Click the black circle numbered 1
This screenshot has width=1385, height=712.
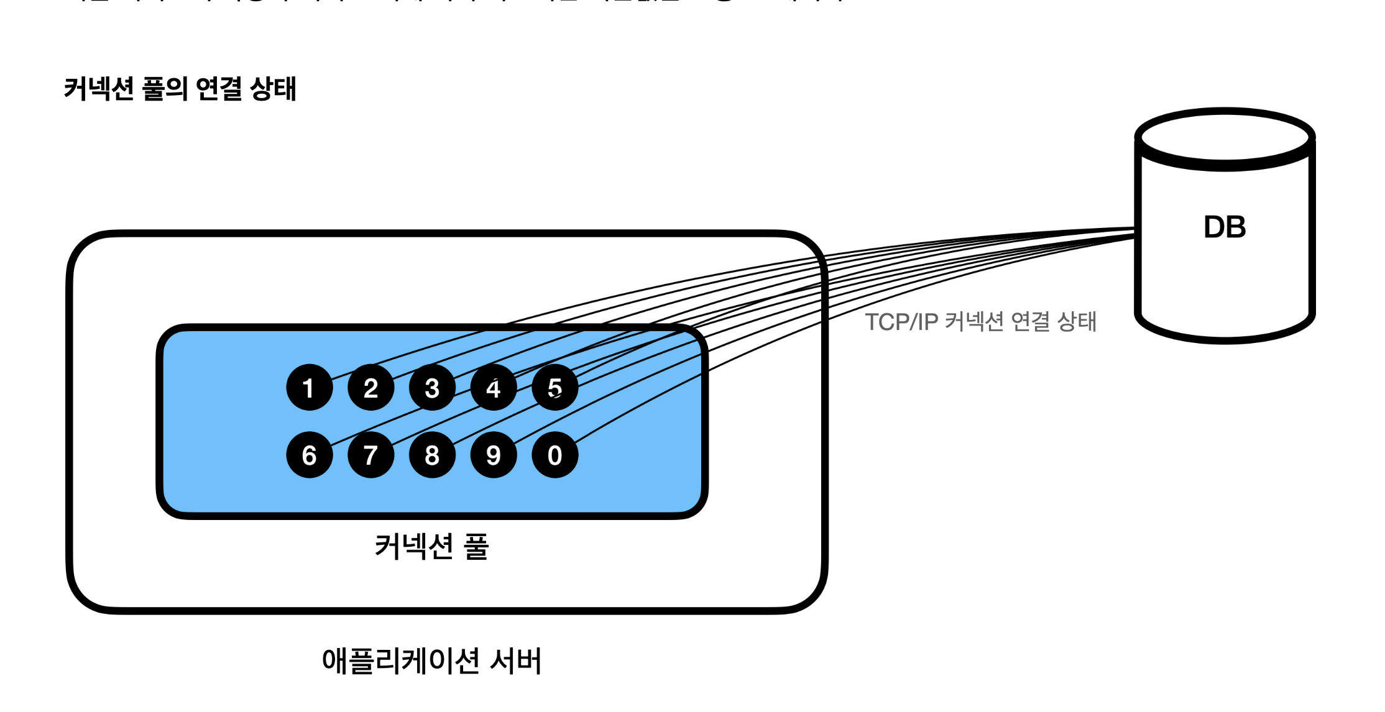309,387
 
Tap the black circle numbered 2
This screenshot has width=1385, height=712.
370,387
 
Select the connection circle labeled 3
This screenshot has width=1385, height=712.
432,387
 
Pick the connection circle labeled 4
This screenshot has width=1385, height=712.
494,387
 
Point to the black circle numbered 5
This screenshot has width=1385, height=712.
554,387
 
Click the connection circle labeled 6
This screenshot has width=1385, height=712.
309,455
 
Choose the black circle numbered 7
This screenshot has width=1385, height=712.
370,455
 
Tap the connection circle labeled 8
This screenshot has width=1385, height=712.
432,455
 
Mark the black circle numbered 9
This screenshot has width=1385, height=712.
494,455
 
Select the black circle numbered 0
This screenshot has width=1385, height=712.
554,455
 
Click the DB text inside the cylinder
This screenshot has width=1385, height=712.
1225,227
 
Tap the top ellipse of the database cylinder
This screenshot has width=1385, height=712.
1225,138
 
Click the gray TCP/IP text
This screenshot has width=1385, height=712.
901,322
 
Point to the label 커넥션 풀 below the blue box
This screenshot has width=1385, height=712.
431,547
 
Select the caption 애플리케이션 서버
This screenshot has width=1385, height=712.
431,660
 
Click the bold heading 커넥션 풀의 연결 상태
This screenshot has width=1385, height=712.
180,89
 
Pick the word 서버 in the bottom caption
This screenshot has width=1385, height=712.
516,660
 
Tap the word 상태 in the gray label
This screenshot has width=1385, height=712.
1077,322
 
